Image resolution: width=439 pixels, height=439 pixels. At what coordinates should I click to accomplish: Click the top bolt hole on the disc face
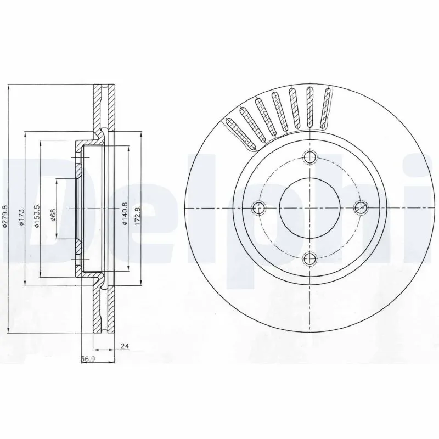pyautogui.click(x=310, y=157)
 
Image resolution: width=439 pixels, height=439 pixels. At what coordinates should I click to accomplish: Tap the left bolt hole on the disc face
pyautogui.click(x=260, y=207)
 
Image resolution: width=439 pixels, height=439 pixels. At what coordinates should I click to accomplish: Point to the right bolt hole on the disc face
pyautogui.click(x=360, y=207)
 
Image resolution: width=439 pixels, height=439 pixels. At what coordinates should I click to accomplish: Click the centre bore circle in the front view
pyautogui.click(x=310, y=207)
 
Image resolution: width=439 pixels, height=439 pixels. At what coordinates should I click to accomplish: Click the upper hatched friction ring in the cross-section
pyautogui.click(x=100, y=107)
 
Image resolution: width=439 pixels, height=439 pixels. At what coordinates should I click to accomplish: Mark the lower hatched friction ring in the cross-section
pyautogui.click(x=100, y=310)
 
